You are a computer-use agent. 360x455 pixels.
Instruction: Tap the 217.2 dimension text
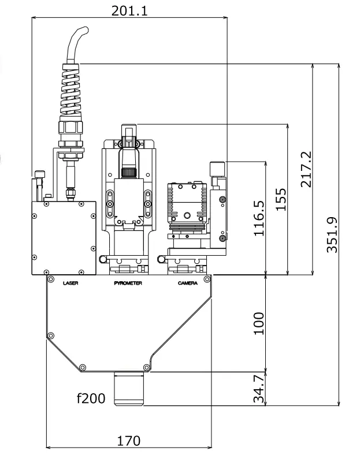click(x=306, y=169)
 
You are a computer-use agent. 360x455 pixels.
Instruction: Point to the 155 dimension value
click(x=281, y=199)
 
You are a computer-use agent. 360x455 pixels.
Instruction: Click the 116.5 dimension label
click(x=259, y=218)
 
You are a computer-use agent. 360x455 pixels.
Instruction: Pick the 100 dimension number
click(x=258, y=323)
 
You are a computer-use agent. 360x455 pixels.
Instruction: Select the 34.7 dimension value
click(x=258, y=389)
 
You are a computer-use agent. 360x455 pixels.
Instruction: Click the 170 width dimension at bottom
click(x=128, y=441)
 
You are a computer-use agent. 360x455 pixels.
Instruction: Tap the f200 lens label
click(x=91, y=398)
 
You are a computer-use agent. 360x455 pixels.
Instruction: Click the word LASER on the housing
click(x=70, y=283)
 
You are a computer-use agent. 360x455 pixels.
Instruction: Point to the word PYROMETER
click(x=128, y=283)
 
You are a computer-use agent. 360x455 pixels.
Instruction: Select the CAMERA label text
click(x=187, y=283)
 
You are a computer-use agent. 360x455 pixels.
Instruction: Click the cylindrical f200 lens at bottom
click(x=128, y=389)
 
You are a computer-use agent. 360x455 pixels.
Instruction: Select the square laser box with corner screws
click(x=63, y=237)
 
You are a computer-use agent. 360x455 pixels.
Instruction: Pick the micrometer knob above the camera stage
click(x=217, y=168)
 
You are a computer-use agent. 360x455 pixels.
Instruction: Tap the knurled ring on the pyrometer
click(x=128, y=172)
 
